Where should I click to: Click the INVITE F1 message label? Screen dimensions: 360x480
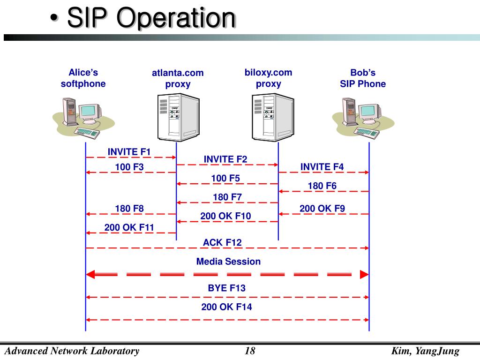[x=129, y=152]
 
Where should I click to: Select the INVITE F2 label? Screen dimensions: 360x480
[x=225, y=159]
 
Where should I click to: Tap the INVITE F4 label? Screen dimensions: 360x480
[x=322, y=167]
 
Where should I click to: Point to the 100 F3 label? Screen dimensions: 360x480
[x=129, y=167]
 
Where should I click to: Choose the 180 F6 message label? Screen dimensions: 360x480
[x=322, y=186]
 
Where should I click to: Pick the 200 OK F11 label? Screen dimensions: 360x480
[x=129, y=228]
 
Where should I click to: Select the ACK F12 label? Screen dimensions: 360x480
[x=222, y=242]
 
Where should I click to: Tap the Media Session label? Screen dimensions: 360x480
[x=228, y=262]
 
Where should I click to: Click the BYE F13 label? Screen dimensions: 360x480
[x=227, y=288]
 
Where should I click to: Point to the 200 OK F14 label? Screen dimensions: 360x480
[x=227, y=307]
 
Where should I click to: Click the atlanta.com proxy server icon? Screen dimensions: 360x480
[x=177, y=118]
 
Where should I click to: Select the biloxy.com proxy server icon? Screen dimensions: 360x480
[x=272, y=118]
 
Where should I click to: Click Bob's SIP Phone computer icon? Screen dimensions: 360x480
[x=363, y=117]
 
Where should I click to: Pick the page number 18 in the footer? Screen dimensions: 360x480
[x=250, y=351]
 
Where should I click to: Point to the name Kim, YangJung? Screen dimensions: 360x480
[x=425, y=351]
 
